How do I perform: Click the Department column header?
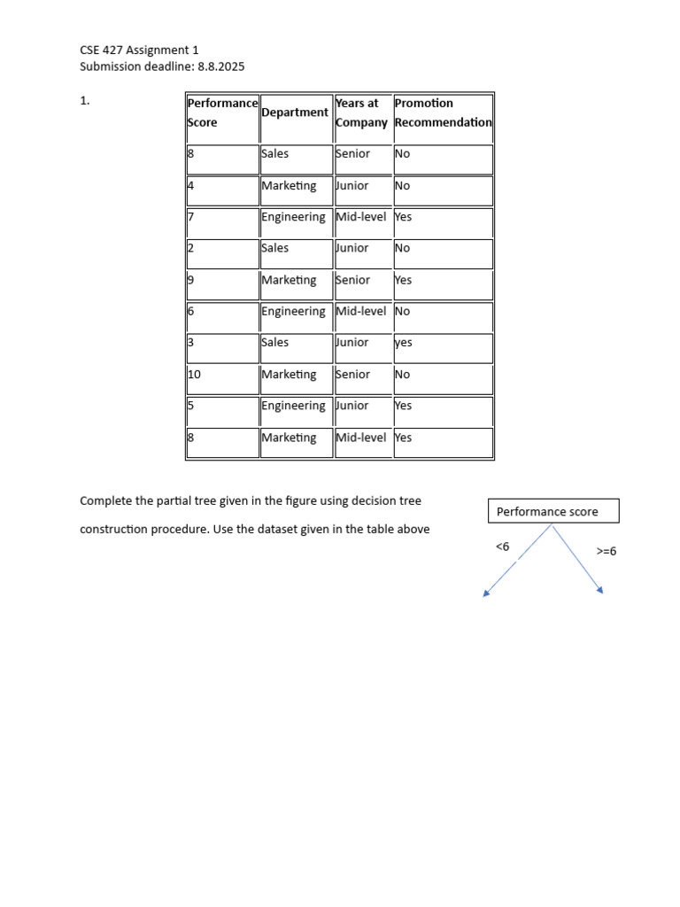tap(295, 112)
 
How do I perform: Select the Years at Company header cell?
tap(361, 112)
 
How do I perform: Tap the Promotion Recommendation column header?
tap(443, 112)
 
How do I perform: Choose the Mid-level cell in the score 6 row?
tap(361, 312)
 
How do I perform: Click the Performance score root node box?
tap(553, 511)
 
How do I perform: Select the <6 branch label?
tap(502, 547)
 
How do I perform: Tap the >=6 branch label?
tap(607, 551)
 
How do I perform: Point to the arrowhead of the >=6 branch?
tap(601, 591)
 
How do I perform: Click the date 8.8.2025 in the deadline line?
tap(221, 66)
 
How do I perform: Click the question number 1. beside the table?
tap(85, 101)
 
